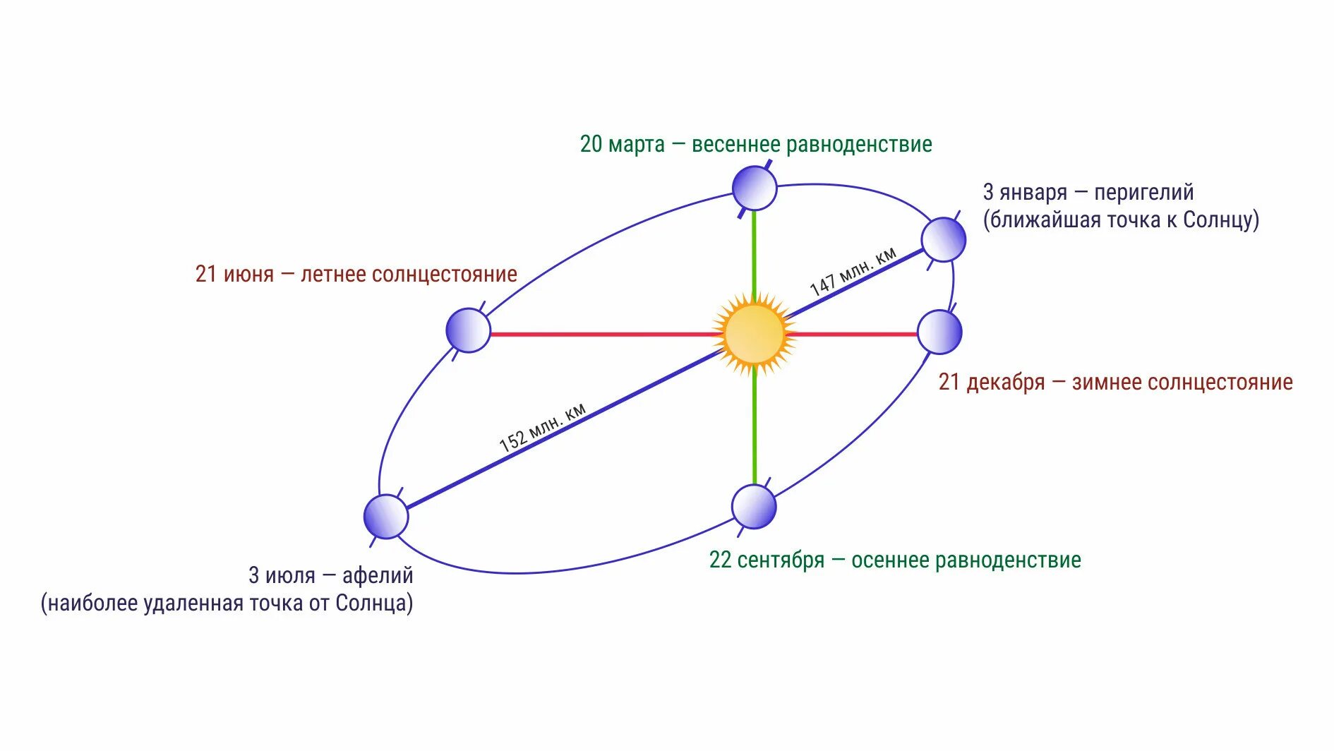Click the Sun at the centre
[x=755, y=335]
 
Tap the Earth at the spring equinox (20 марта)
[x=755, y=188]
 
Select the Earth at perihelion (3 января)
[x=943, y=240]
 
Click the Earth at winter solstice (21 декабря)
[x=939, y=332]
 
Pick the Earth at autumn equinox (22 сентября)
[x=754, y=507]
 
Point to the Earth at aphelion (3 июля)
[x=386, y=517]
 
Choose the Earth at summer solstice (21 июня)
[x=468, y=330]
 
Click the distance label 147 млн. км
[x=853, y=272]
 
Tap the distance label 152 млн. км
[x=542, y=428]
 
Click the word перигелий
[x=1143, y=192]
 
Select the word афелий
[x=378, y=575]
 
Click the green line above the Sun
[x=755, y=251]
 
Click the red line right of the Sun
[x=854, y=334]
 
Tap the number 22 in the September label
[x=720, y=560]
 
